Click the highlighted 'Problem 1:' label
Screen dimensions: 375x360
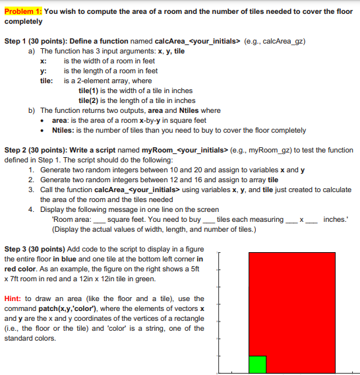(x=23, y=11)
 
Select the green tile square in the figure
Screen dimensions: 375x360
(x=257, y=364)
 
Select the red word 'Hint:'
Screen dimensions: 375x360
(x=15, y=298)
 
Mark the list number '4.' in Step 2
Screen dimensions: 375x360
(x=32, y=209)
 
